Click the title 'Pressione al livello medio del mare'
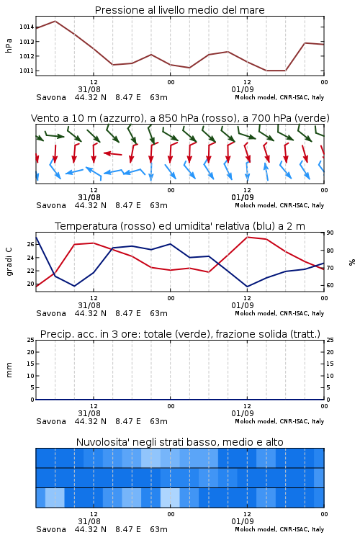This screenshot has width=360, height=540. tap(179, 10)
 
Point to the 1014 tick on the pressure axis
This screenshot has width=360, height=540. tap(26, 27)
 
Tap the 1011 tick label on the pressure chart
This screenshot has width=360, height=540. tap(26, 71)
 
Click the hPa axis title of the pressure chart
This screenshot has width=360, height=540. tap(9, 45)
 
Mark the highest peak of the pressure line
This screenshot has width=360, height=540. tap(55, 21)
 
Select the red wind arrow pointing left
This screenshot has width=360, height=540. tap(112, 153)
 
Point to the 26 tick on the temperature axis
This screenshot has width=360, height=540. tap(31, 244)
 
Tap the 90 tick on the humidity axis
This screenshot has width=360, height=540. tap(330, 233)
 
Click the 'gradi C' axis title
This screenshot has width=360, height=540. tap(9, 261)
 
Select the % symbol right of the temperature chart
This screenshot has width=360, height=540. tap(352, 262)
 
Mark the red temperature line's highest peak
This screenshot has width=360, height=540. tap(248, 237)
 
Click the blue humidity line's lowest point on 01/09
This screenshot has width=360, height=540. tap(248, 287)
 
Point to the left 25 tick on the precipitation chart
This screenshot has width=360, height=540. tap(31, 340)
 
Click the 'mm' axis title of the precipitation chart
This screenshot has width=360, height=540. tap(9, 369)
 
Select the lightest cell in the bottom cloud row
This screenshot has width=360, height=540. tap(170, 498)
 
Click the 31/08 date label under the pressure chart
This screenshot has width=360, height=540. tap(89, 89)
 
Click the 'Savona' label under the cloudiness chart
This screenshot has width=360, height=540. tap(51, 529)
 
